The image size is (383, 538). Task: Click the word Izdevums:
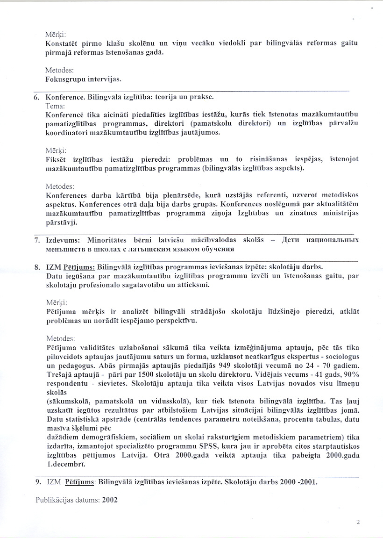[64, 240]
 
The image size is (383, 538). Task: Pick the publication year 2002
[110, 499]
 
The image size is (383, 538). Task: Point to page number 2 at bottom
[358, 523]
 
